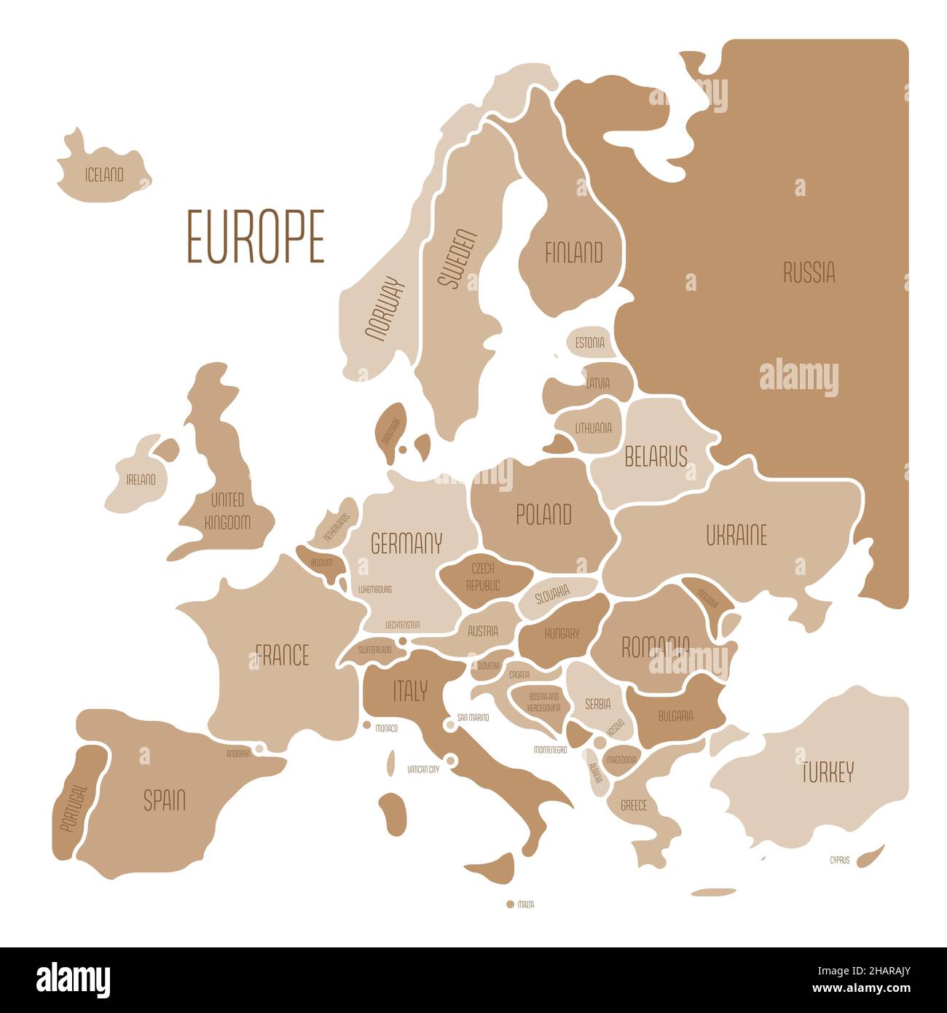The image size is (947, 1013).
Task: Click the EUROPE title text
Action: [x=256, y=236]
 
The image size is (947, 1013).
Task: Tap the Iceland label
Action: [x=104, y=175]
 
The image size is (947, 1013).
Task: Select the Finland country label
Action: [x=574, y=253]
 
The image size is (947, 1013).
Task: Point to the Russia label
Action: [x=809, y=273]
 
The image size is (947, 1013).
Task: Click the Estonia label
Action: [x=589, y=342]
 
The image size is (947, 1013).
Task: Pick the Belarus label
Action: [x=656, y=456]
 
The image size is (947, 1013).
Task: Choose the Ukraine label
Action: [x=736, y=536]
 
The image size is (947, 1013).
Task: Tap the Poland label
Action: [x=543, y=515]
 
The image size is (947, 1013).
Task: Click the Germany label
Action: [x=406, y=543]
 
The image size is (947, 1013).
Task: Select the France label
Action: [x=282, y=655]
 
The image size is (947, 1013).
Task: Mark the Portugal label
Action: [x=74, y=808]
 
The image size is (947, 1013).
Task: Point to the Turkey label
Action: [x=828, y=773]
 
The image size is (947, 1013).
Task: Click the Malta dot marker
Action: [x=510, y=904]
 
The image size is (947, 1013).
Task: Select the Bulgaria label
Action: [x=675, y=716]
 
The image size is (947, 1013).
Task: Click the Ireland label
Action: [x=141, y=480]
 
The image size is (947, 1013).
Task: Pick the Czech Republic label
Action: [x=483, y=576]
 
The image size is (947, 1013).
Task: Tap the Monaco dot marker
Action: [x=368, y=726]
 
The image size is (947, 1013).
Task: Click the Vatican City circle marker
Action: [x=450, y=761]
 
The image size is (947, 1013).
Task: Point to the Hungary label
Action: [x=562, y=633]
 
